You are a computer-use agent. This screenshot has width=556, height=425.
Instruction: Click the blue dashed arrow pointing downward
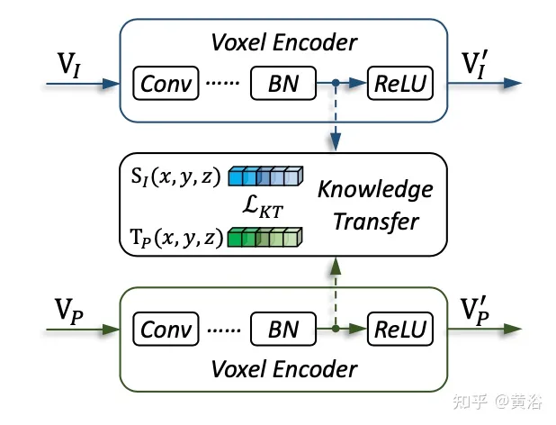tap(336, 117)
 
